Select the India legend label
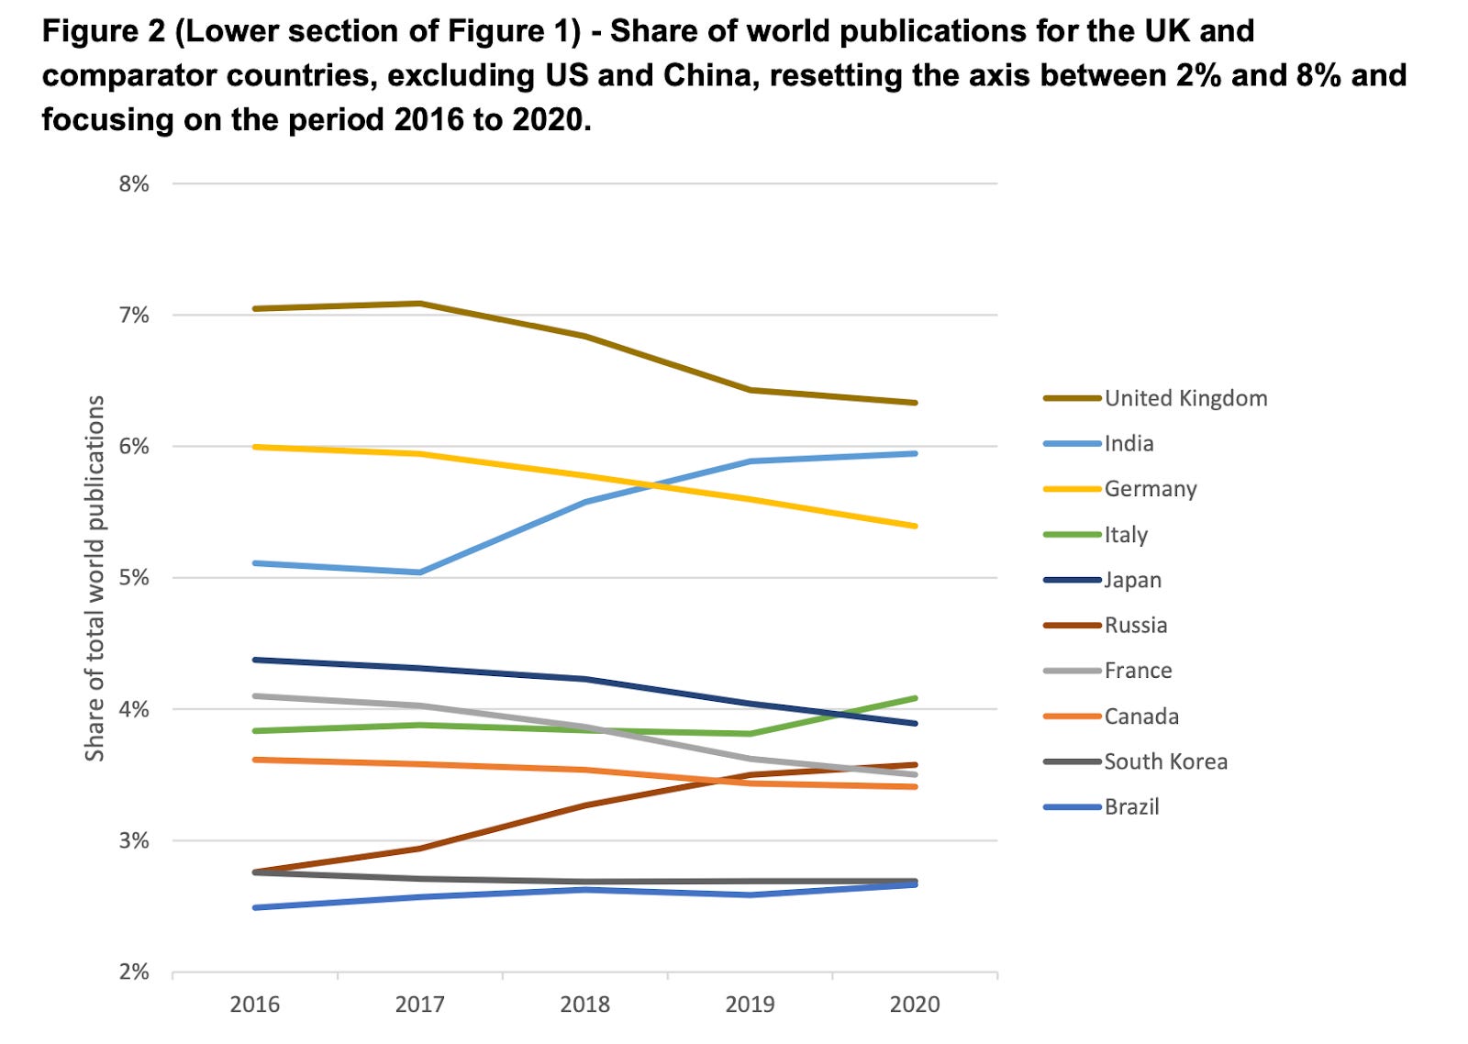coord(1129,444)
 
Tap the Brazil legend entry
coord(1131,807)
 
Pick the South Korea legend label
coord(1165,761)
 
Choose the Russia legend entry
coord(1135,626)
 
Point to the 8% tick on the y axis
coord(134,183)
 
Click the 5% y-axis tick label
coord(134,578)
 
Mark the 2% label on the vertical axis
coord(134,972)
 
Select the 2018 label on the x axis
coord(584,1005)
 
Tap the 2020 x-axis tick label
coord(915,1005)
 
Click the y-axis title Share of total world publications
coord(95,578)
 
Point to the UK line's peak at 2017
coord(420,303)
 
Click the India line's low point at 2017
coord(420,572)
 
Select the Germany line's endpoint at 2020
coord(915,526)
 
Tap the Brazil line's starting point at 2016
coord(255,907)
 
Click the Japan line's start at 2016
coord(255,660)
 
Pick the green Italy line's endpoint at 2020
coord(915,698)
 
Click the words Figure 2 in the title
coord(103,31)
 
